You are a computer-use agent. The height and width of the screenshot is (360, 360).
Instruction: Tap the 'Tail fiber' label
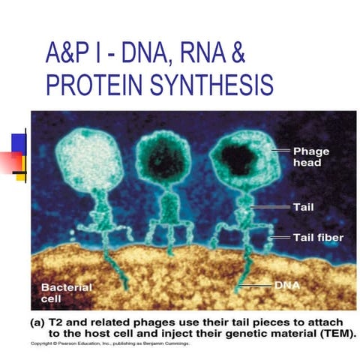[317, 238]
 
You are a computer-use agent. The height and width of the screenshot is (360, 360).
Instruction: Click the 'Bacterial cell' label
[67, 293]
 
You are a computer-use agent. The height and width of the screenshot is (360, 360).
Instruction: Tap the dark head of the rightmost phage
[239, 158]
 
